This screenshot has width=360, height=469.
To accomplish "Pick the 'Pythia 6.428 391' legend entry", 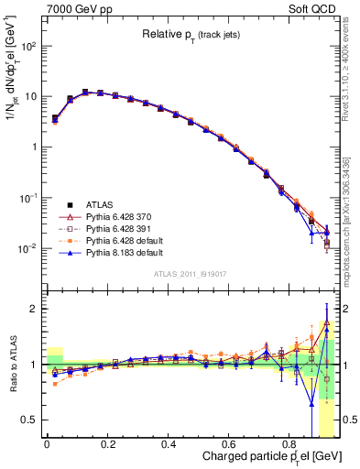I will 117,228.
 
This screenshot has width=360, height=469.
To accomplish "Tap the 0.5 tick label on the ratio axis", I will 30,420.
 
